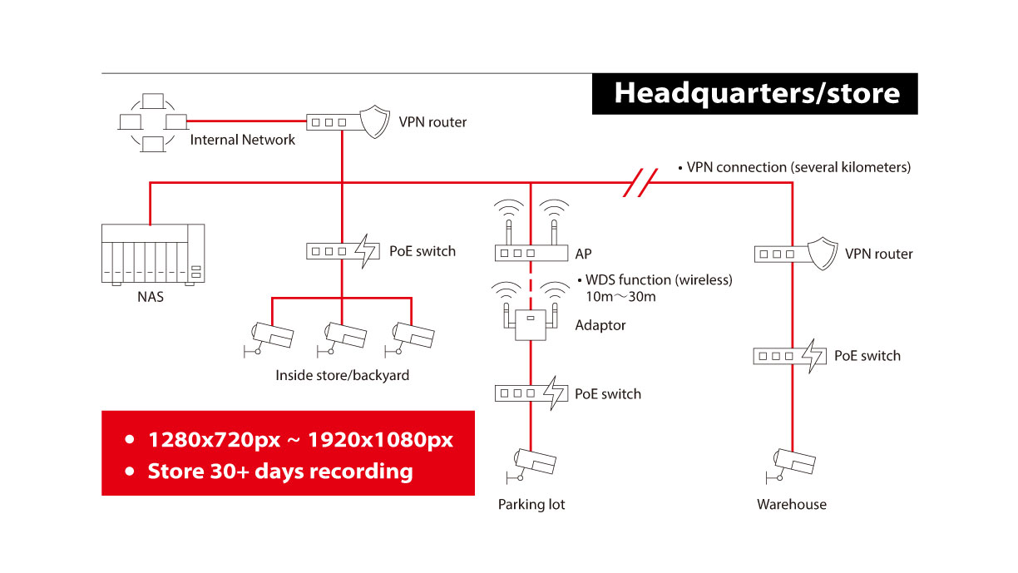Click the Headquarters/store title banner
coord(754,94)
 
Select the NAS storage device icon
coord(153,254)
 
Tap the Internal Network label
coord(242,140)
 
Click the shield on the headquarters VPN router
coord(375,121)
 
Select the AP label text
coord(583,254)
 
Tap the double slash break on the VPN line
coord(640,183)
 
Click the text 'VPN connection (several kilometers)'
coord(798,167)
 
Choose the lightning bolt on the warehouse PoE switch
coord(813,356)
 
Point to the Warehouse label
coord(792,504)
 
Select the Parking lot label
coord(531,504)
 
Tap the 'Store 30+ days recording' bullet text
coord(280,471)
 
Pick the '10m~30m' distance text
coord(620,297)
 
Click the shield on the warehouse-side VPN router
coord(823,253)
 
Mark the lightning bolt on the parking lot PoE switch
coord(556,393)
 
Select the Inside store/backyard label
coord(342,375)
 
